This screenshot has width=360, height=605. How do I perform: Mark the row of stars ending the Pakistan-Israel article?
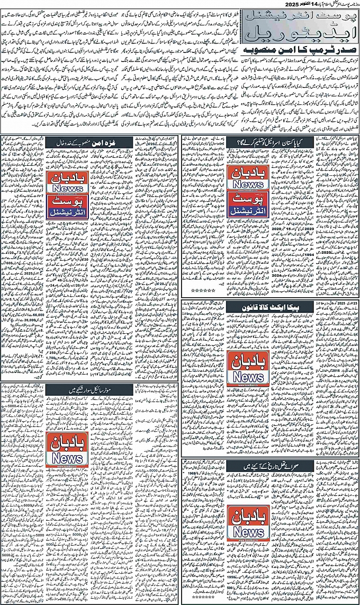(202, 291)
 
